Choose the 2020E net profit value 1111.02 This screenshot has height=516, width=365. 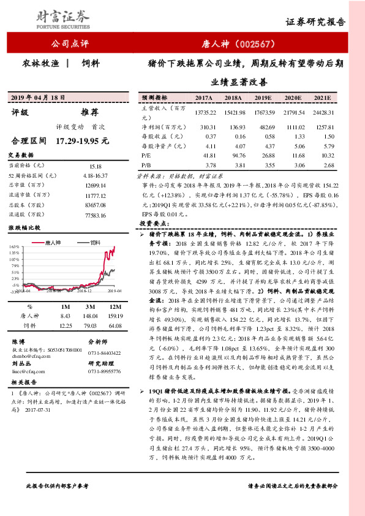click(293, 126)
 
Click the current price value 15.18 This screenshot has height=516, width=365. click(95, 165)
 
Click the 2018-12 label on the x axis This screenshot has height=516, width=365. click(85, 292)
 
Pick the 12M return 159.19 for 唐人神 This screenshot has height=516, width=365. click(114, 315)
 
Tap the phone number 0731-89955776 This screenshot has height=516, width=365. click(105, 371)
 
